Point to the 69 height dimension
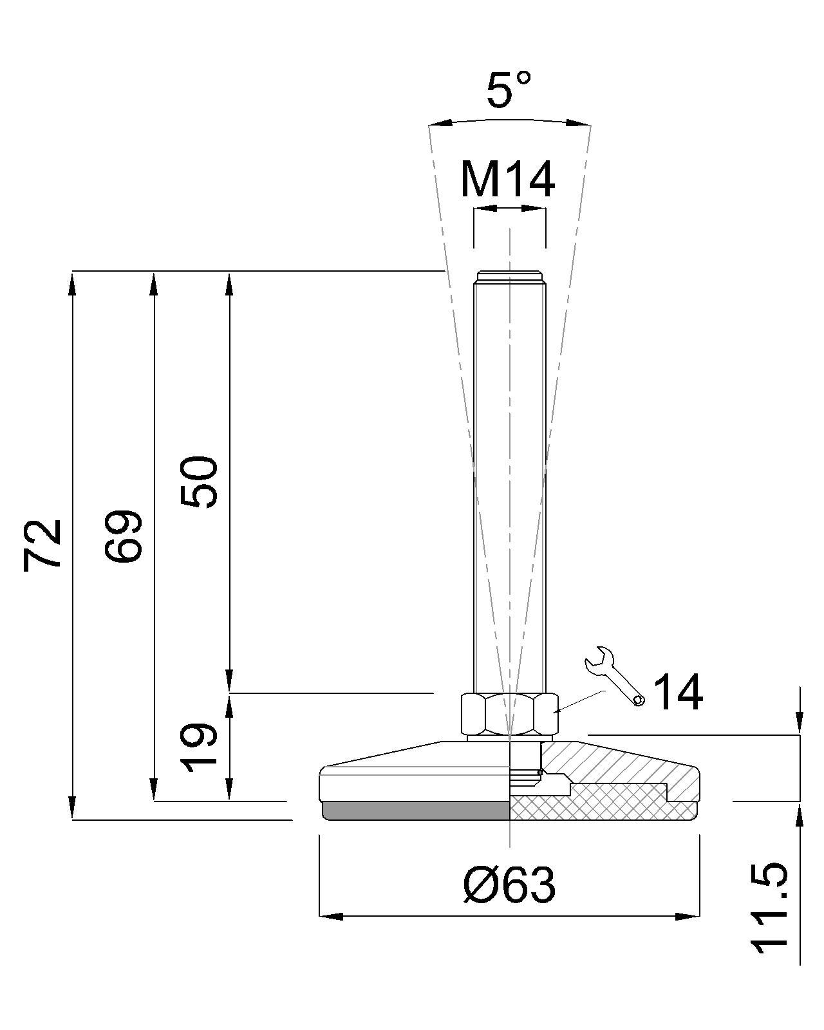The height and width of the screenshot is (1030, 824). coord(123,536)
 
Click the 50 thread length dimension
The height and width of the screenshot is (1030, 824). coord(199,482)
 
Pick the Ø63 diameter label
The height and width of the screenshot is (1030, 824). coord(510,885)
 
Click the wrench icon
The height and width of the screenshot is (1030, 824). coord(614,675)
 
